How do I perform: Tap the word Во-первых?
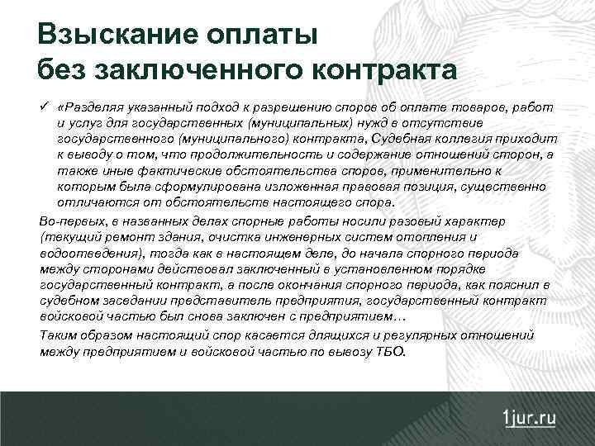(71, 223)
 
